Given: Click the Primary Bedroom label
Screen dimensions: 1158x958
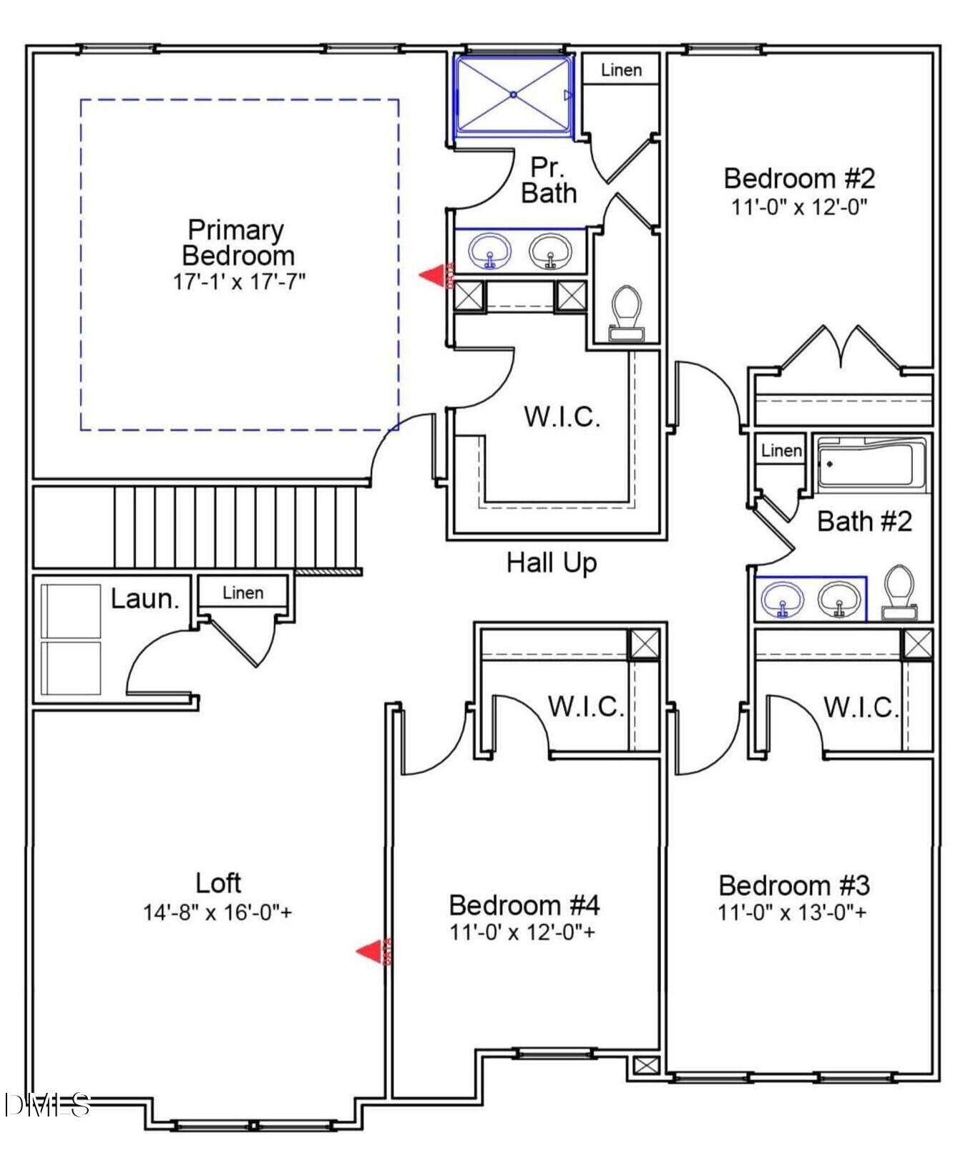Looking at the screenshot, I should (237, 243).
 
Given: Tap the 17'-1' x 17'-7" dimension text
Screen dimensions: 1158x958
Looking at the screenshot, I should (239, 281).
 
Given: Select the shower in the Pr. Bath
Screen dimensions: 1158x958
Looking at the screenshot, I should (514, 94).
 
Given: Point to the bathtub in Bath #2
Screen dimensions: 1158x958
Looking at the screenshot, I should (866, 465).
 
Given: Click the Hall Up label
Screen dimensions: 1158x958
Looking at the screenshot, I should (551, 563).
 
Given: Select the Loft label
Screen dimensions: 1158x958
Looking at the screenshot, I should (218, 882).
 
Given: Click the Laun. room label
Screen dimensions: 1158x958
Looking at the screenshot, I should (145, 598).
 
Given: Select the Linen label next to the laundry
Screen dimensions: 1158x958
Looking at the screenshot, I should (243, 593).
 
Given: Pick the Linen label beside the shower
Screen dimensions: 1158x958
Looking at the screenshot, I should (620, 70).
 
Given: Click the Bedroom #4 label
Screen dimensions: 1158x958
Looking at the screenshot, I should (524, 905).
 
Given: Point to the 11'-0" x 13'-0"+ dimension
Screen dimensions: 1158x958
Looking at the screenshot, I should (792, 913).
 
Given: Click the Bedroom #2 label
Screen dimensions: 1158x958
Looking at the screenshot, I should (799, 177).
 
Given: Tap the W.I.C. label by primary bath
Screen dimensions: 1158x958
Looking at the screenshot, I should (562, 417).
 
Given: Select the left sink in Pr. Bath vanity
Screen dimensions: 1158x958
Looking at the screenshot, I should (490, 251).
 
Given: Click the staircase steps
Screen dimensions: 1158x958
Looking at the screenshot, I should (236, 527).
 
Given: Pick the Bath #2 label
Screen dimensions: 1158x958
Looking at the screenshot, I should (864, 521).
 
